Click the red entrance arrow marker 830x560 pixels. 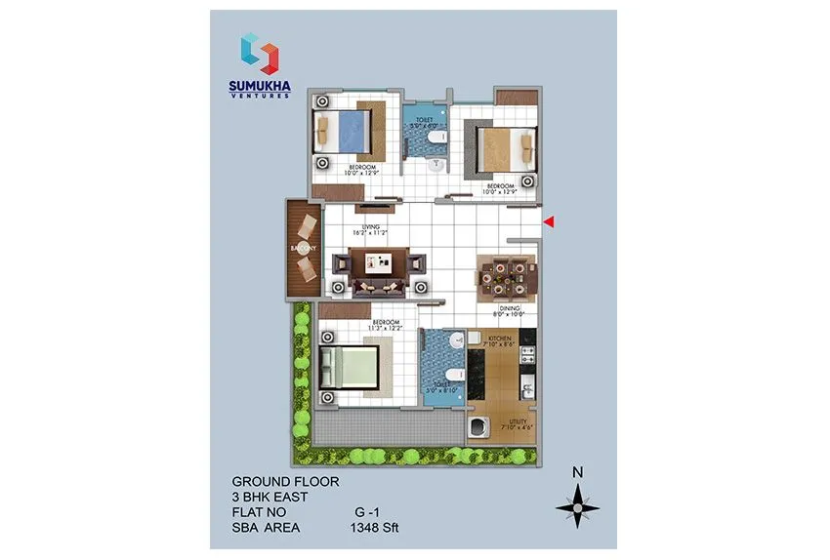549,223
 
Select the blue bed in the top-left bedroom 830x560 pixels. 342,129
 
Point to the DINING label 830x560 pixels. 512,307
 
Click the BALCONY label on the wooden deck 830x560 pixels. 301,250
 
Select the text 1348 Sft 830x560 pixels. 375,528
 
